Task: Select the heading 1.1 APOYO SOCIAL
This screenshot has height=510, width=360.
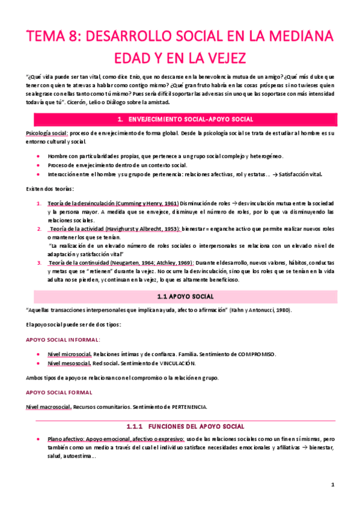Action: [180, 296]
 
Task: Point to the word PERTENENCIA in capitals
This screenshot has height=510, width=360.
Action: [186, 407]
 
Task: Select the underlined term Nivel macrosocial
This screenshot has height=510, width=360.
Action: [49, 407]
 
